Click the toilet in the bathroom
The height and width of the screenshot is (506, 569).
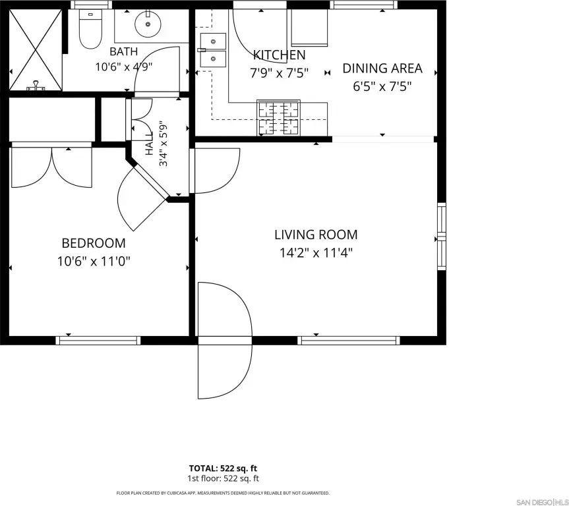tap(90, 29)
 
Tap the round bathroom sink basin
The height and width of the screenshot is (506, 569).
tap(148, 24)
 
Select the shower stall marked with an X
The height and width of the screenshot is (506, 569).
tap(35, 49)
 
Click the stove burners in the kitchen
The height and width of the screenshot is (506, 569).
tap(278, 117)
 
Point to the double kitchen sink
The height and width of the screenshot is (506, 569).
tap(213, 50)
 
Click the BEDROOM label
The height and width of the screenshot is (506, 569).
tap(94, 243)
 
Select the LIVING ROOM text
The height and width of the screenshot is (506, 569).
tap(316, 235)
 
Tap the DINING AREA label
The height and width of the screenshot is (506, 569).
tap(382, 69)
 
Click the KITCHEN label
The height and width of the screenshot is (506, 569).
tap(279, 55)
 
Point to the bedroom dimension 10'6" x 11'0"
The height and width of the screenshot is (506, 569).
tap(94, 261)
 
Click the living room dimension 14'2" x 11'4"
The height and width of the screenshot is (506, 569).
tap(316, 252)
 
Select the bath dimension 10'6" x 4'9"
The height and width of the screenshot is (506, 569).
tap(123, 67)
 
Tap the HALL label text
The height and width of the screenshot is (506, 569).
tap(150, 144)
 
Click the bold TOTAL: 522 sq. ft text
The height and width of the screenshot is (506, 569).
tap(223, 468)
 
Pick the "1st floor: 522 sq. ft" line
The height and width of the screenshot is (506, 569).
tap(223, 478)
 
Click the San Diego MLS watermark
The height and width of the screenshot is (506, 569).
tap(542, 502)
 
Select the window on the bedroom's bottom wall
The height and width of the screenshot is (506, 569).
tap(98, 340)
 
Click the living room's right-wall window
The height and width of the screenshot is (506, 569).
tap(442, 237)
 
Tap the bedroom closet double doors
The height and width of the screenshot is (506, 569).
tap(52, 165)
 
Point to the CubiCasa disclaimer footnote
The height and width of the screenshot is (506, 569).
tap(223, 493)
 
